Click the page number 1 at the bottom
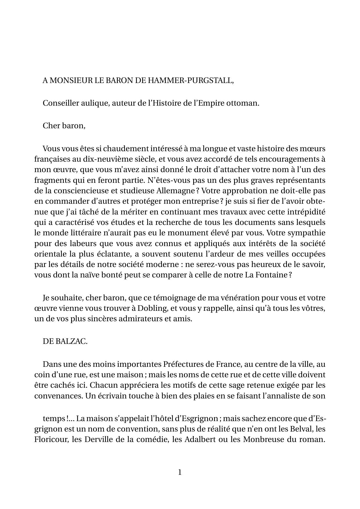tap(180, 472)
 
